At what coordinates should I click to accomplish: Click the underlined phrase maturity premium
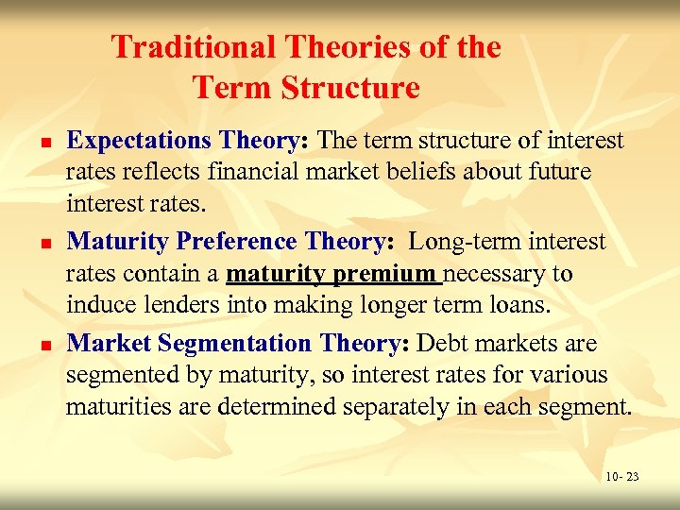[x=333, y=275]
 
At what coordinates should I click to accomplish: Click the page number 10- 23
[x=621, y=477]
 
